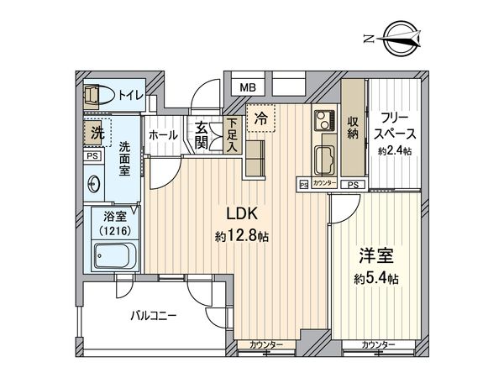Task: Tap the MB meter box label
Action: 248,87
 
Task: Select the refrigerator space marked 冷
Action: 261,118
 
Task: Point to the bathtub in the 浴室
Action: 115,256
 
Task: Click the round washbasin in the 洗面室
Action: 94,184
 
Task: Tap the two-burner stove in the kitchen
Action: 324,119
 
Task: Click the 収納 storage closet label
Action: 353,128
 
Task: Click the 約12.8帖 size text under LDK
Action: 242,237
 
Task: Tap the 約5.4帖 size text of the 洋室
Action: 376,279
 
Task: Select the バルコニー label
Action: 154,316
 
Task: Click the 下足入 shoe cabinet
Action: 233,134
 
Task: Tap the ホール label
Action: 163,135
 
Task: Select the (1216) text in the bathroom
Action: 115,230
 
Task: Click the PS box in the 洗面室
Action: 92,156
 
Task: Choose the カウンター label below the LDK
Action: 266,345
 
